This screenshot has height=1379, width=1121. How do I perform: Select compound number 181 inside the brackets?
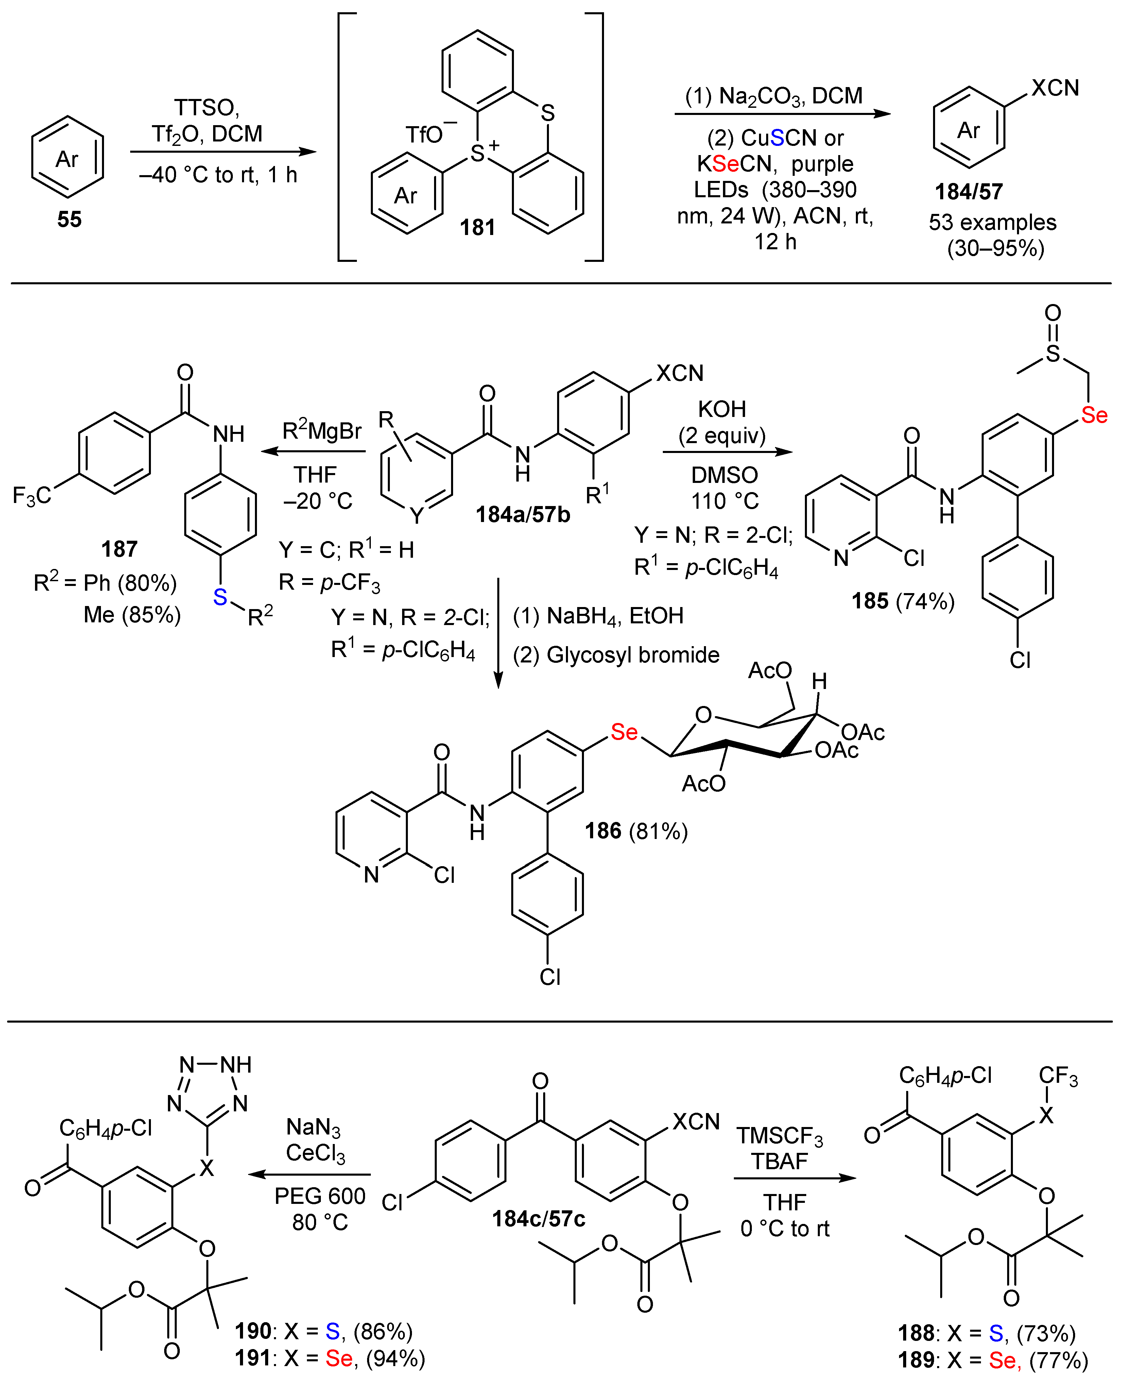point(477,228)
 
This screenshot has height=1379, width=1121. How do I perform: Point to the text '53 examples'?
point(992,222)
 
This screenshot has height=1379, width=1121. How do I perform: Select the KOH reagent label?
point(722,409)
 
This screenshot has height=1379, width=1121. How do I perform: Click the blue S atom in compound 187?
point(220,597)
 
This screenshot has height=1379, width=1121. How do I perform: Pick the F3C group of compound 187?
point(32,495)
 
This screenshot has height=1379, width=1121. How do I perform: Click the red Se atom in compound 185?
point(1094,415)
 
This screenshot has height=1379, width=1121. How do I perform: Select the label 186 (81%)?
point(636,830)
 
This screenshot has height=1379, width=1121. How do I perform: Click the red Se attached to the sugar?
point(624,732)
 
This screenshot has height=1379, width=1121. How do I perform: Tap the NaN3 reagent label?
point(313,1127)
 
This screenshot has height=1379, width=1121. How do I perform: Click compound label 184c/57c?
point(538,1219)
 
